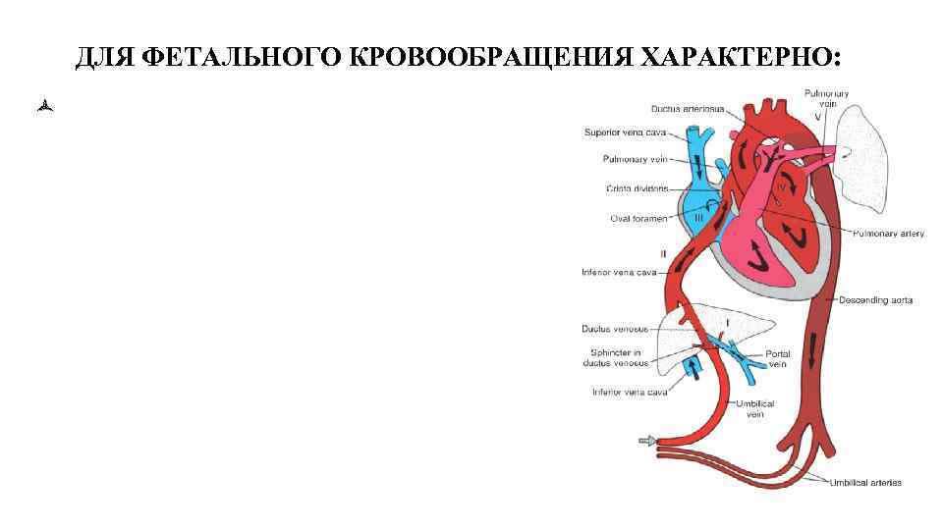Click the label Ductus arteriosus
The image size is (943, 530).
[686, 109]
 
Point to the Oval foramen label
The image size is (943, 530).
[639, 219]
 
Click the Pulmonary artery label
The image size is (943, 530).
[888, 234]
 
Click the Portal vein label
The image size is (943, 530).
[777, 359]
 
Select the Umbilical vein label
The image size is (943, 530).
[755, 409]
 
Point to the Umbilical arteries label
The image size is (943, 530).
[865, 482]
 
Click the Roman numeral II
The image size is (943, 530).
[664, 254]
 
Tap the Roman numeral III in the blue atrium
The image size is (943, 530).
[698, 220]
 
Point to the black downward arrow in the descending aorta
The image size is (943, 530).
[813, 348]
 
